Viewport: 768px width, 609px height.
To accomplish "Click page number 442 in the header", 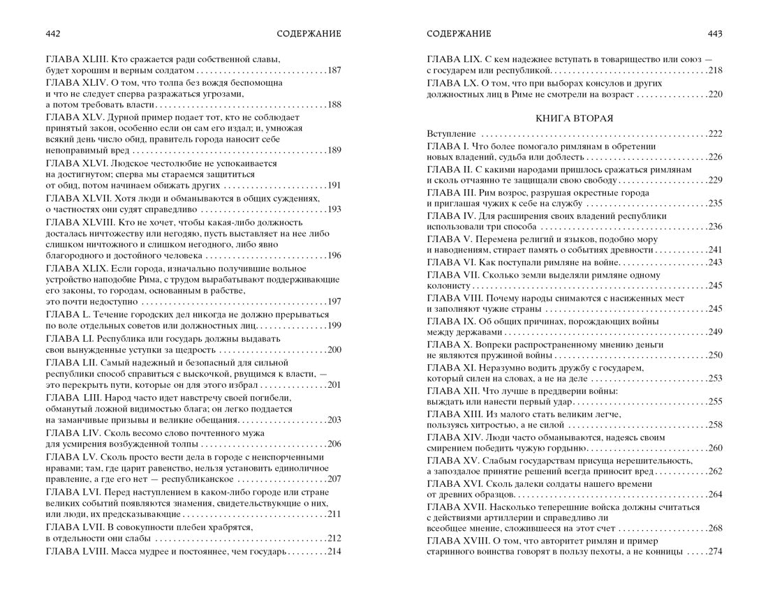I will [53, 33].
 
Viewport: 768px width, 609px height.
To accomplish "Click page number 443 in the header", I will [714, 33].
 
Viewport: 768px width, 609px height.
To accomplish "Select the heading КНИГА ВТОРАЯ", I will [574, 118].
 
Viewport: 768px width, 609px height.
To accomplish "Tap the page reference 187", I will [334, 70].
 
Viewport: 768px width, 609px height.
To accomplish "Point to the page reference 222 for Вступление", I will [714, 134].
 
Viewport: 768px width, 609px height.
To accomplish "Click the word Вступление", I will [451, 134].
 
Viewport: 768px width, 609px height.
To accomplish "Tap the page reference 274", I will [714, 552].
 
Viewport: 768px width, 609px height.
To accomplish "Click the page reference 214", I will [334, 551].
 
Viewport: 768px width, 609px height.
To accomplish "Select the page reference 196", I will [334, 255].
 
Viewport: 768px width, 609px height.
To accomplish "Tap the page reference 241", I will [714, 250].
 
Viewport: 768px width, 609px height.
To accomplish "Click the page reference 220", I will [714, 94].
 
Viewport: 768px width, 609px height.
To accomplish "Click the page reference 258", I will [714, 425].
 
